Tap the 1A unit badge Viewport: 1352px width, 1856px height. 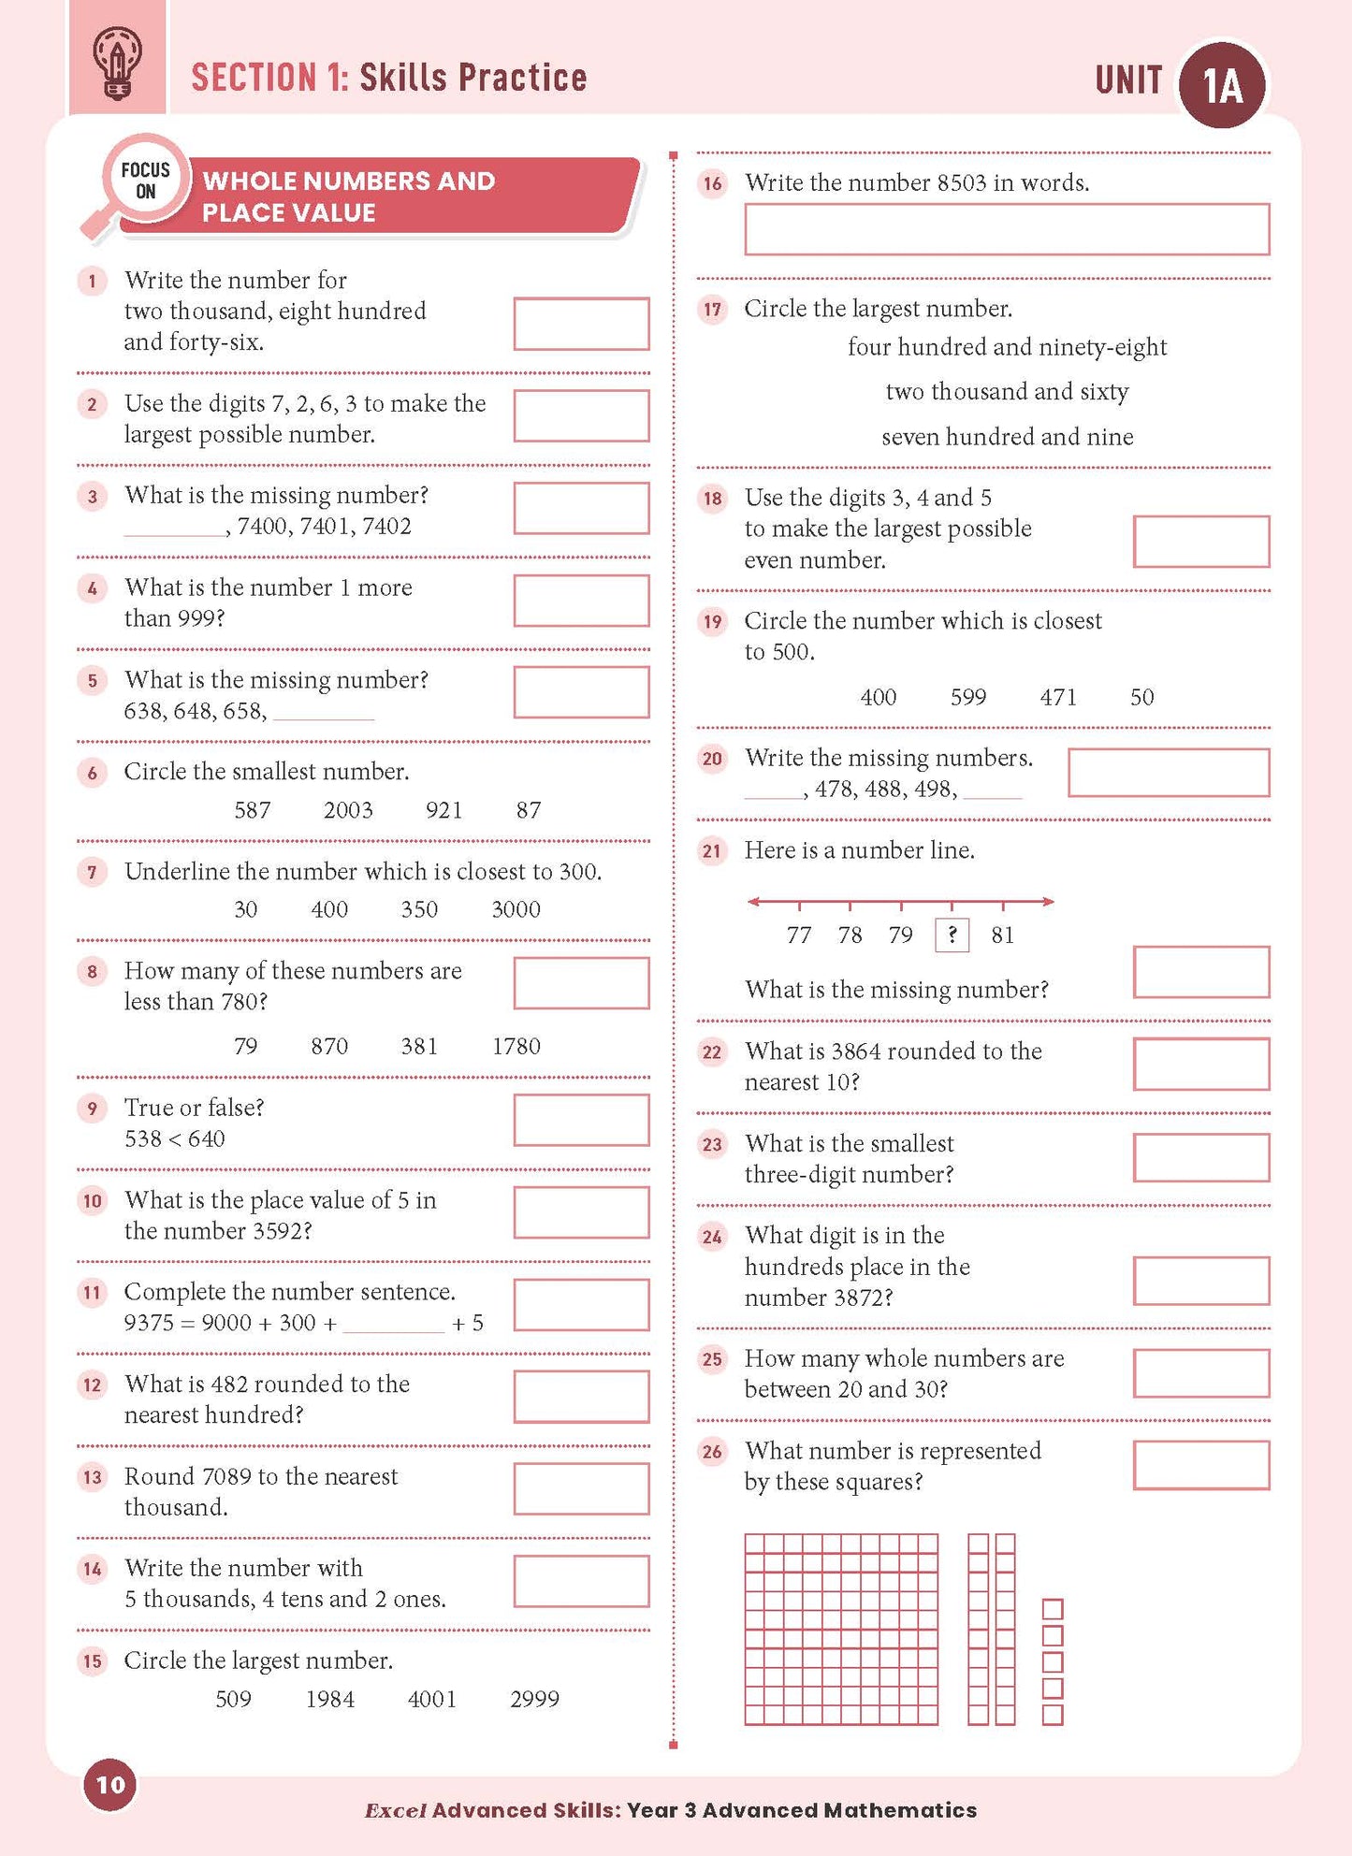click(x=1223, y=85)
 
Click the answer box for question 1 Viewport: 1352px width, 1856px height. click(x=581, y=324)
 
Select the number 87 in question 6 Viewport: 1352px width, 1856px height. click(x=529, y=810)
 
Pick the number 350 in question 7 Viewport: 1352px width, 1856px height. click(x=419, y=909)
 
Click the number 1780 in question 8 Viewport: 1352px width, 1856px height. click(x=516, y=1046)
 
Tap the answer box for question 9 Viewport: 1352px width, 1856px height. click(x=581, y=1120)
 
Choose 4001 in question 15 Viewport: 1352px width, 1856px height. click(x=432, y=1699)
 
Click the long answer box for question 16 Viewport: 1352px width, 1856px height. click(x=1007, y=229)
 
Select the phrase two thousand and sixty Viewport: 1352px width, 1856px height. click(x=1007, y=391)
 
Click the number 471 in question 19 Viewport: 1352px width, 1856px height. click(x=1058, y=697)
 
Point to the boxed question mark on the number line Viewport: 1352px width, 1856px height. click(x=952, y=935)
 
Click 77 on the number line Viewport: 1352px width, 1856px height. click(x=799, y=935)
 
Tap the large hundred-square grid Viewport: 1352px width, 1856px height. click(x=841, y=1629)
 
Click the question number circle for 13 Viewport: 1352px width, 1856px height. click(x=92, y=1477)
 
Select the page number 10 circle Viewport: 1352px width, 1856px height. click(x=110, y=1784)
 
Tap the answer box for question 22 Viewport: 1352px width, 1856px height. click(x=1201, y=1064)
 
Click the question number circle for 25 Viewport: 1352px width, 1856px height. click(x=712, y=1359)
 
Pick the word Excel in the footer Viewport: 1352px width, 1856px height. click(x=395, y=1810)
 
